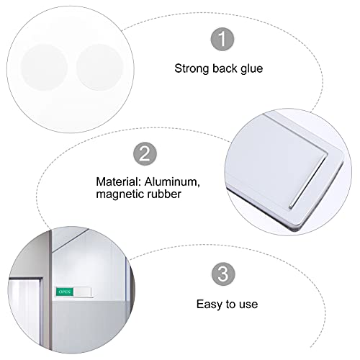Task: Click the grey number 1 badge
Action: [x=222, y=39]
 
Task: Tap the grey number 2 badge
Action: [x=145, y=153]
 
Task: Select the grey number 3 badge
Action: [x=223, y=274]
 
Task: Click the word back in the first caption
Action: [x=225, y=68]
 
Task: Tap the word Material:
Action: [x=118, y=181]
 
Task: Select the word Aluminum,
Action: [x=172, y=182]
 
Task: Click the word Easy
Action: [x=210, y=305]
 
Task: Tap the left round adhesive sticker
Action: [x=44, y=68]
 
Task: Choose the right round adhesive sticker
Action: [x=100, y=68]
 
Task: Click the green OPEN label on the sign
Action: [x=65, y=292]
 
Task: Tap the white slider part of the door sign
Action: [x=82, y=292]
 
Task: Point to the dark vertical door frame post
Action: [x=50, y=289]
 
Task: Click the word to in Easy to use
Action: [x=231, y=305]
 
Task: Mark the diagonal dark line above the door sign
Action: [x=71, y=240]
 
